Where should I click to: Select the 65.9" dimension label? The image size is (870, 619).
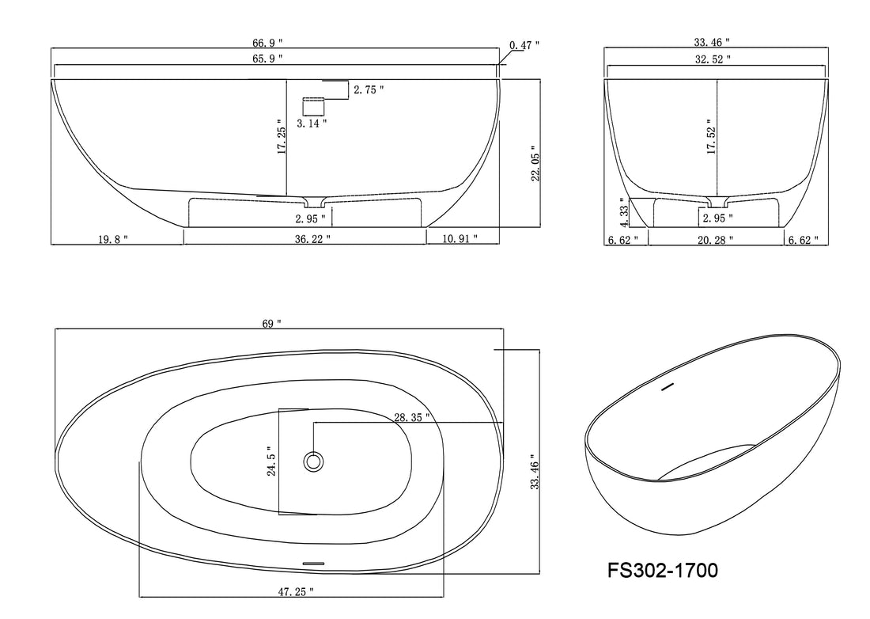267,59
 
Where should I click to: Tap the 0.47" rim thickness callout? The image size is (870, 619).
524,46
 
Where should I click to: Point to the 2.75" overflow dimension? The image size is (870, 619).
369,90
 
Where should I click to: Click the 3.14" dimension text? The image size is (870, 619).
311,123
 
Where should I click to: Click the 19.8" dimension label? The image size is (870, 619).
113,238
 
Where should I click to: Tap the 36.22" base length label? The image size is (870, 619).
307,238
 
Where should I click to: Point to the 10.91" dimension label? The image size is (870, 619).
461,238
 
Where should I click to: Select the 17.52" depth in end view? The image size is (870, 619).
711,139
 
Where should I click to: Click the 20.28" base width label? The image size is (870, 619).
716,238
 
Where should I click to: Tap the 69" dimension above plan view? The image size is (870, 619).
270,324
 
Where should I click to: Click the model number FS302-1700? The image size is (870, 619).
663,570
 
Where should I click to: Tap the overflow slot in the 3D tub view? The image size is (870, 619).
667,387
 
